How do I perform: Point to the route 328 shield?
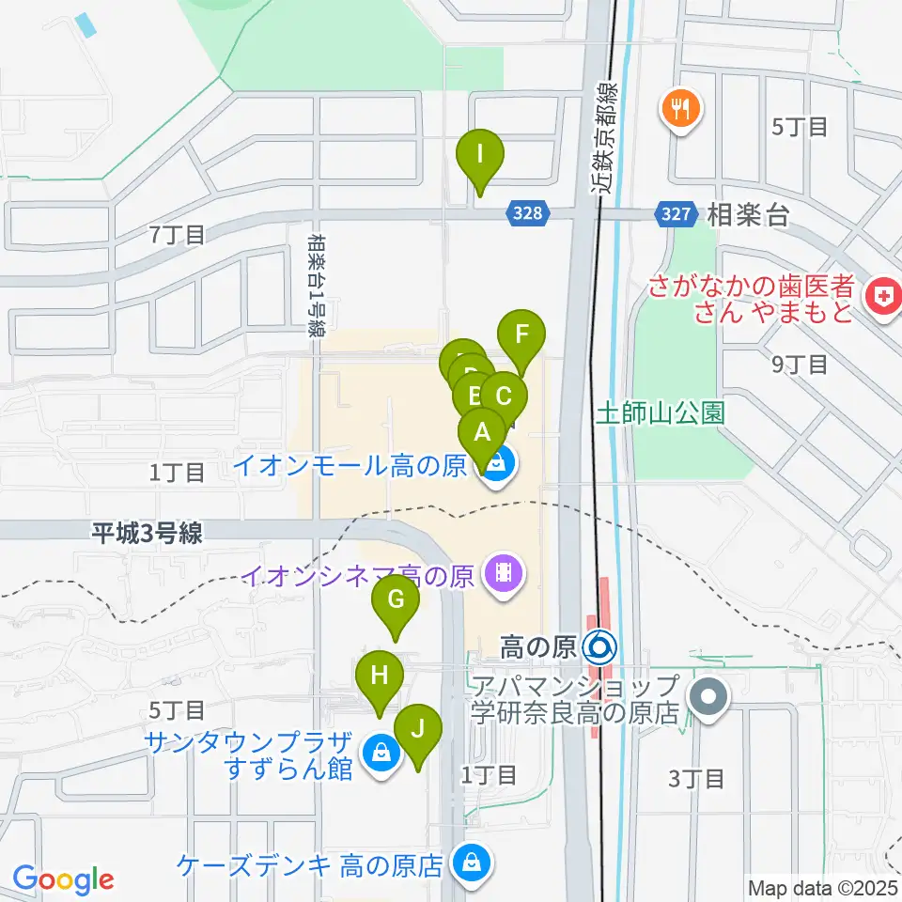(x=529, y=214)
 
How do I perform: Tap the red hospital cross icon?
(x=881, y=298)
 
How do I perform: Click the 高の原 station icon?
(x=599, y=646)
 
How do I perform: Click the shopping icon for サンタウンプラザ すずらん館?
(x=380, y=754)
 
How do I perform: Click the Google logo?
(x=63, y=879)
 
